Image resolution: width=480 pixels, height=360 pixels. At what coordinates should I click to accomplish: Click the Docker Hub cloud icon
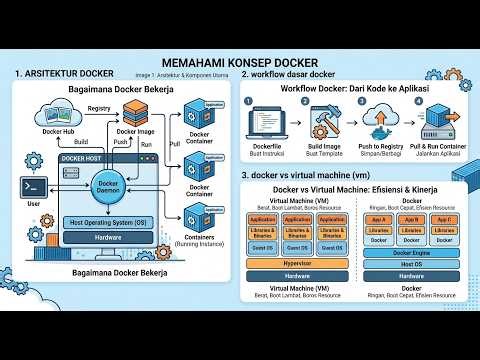(x=59, y=115)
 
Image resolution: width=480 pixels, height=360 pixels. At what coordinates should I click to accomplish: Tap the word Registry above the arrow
(x=99, y=107)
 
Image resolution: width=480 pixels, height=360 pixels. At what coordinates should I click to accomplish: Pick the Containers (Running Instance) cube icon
(x=194, y=221)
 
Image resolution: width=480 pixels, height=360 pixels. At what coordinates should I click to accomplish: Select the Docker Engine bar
(x=411, y=253)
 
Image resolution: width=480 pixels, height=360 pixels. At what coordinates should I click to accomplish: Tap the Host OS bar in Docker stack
(x=411, y=264)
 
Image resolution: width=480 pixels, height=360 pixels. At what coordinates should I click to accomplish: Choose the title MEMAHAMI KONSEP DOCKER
(x=240, y=60)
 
